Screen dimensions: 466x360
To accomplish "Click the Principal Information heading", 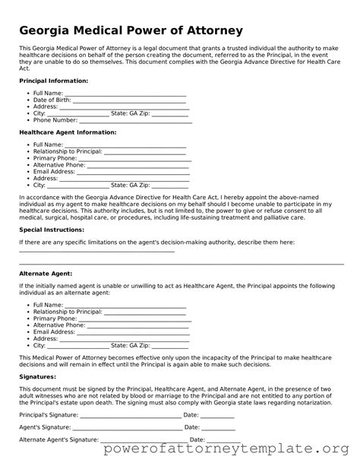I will pos(53,80).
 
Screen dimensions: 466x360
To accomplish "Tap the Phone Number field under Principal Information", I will pos(135,120).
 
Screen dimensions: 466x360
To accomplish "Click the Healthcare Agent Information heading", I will pos(67,132).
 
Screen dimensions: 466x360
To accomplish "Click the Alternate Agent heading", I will pos(45,272).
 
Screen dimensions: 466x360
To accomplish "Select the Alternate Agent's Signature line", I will pos(144,439).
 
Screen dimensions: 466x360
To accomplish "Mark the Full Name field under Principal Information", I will pos(125,93).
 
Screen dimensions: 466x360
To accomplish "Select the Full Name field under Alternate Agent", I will pos(125,304).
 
